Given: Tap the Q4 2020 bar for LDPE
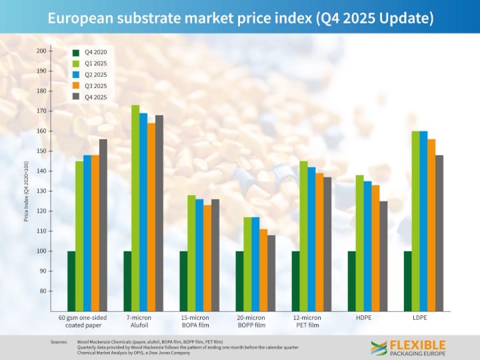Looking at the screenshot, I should click(407, 281).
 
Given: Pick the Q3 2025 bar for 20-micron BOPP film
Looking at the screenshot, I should click(263, 270).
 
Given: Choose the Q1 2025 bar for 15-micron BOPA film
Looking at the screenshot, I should click(191, 253).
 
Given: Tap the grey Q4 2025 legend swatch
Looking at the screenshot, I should click(77, 97).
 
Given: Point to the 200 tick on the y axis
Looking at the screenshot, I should click(41, 51).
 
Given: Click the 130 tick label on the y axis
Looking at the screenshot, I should click(41, 191).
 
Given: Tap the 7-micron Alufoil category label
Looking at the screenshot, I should click(139, 321).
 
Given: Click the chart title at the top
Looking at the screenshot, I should click(240, 18).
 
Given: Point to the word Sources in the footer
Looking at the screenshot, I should click(59, 341).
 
